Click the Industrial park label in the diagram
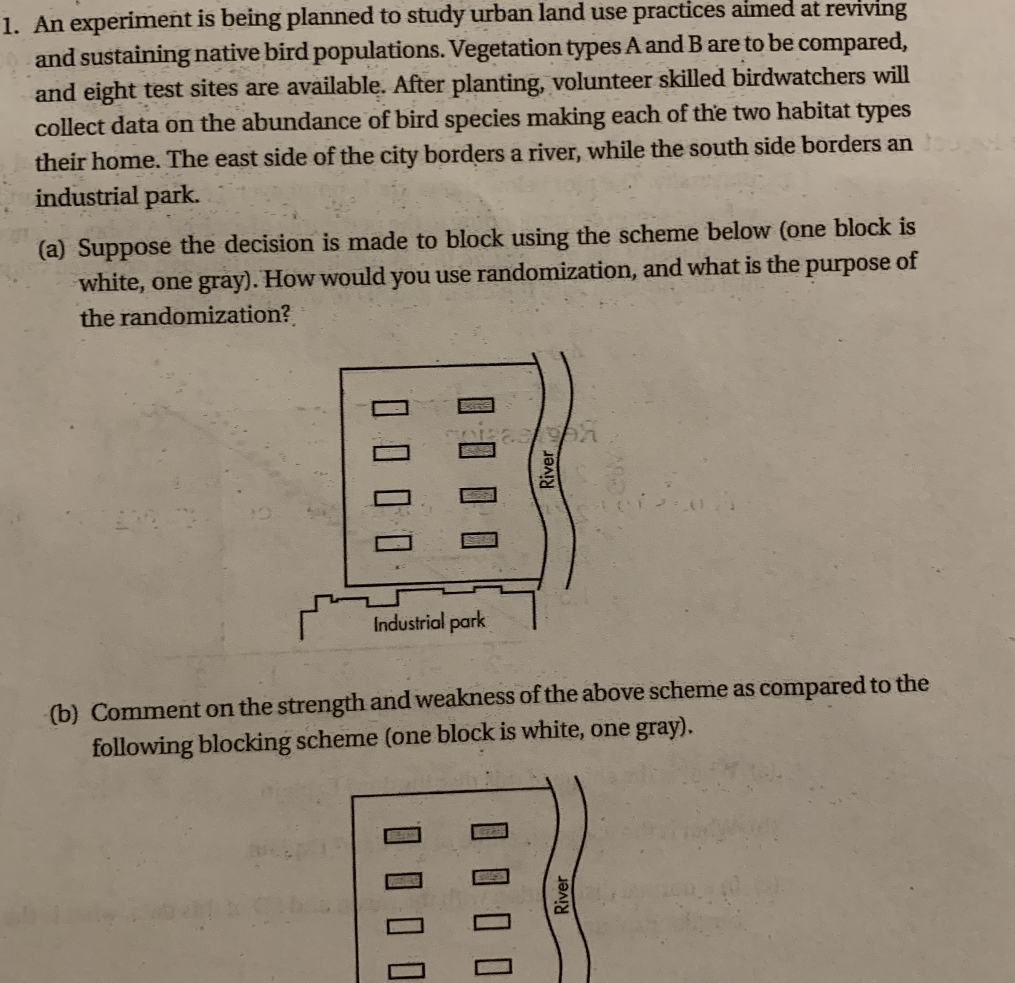coord(429,622)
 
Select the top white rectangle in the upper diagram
coord(390,408)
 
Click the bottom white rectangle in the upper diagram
coord(393,543)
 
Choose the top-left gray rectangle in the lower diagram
coord(402,835)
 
